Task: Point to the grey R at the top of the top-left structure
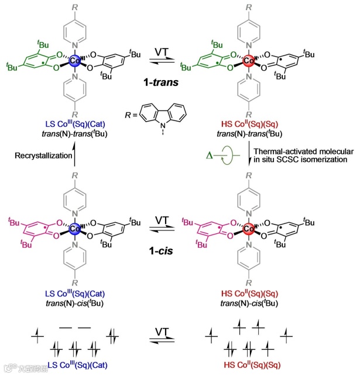click(x=74, y=6)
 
